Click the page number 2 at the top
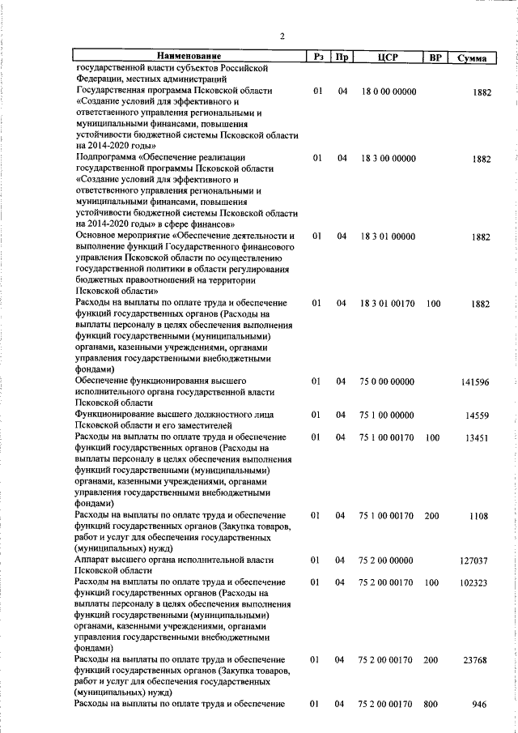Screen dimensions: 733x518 [282, 35]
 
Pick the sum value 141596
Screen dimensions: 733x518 [476, 381]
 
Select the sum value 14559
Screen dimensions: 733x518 [478, 416]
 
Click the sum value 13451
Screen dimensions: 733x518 [478, 438]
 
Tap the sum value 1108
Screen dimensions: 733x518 [481, 515]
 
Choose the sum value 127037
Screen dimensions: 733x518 [476, 560]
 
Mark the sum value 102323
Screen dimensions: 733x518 [476, 582]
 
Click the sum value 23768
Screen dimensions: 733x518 [478, 660]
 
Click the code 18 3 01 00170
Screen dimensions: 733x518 [388, 304]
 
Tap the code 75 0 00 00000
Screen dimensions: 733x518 [388, 381]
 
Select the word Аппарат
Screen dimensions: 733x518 [93, 560]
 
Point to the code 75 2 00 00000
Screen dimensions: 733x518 [388, 560]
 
